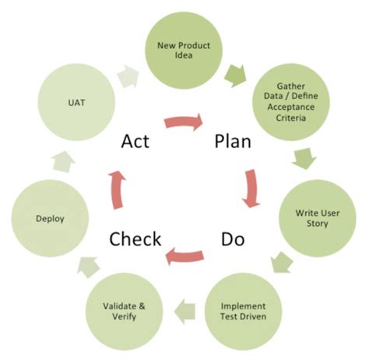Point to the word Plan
click(234, 142)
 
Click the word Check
click(135, 238)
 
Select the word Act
click(135, 142)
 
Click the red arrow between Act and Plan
click(184, 122)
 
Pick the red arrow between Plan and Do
click(251, 189)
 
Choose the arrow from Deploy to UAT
click(62, 162)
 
